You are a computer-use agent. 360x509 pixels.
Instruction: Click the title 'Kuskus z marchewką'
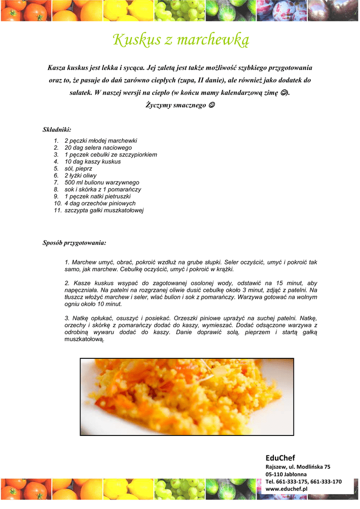tap(180, 40)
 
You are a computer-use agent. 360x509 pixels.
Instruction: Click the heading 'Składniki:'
tap(57, 130)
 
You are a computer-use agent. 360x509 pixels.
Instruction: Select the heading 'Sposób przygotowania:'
tap(74, 243)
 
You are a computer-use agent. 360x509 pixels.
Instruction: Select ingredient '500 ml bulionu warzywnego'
tap(102, 182)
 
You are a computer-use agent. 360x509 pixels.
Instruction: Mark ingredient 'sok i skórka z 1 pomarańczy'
tap(103, 189)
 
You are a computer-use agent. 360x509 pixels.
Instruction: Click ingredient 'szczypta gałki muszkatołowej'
tap(104, 210)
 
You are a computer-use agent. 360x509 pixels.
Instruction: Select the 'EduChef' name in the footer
tap(280, 458)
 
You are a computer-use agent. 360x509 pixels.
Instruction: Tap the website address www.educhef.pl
tap(286, 489)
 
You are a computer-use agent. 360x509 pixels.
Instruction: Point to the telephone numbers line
tap(303, 482)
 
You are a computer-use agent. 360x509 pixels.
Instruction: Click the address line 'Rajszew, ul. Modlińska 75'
tap(298, 467)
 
